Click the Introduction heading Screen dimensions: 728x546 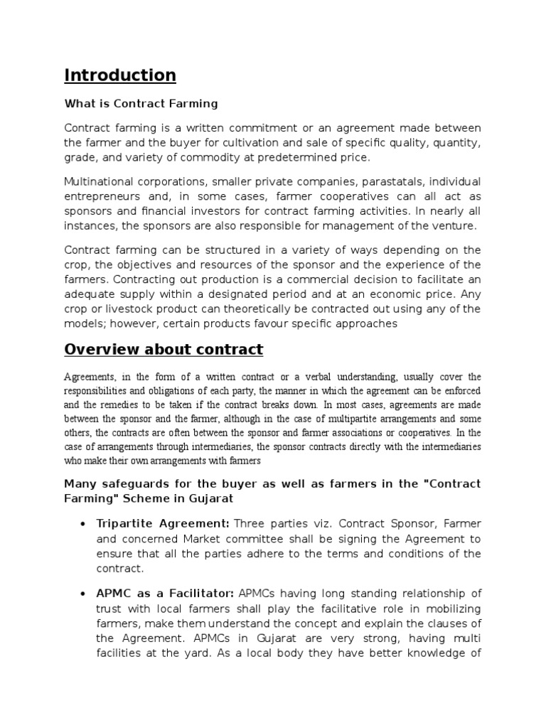pyautogui.click(x=120, y=75)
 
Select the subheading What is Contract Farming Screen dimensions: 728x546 pyautogui.click(x=141, y=104)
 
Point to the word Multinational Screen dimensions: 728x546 pyautogui.click(x=99, y=181)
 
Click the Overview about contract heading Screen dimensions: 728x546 pyautogui.click(x=164, y=350)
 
